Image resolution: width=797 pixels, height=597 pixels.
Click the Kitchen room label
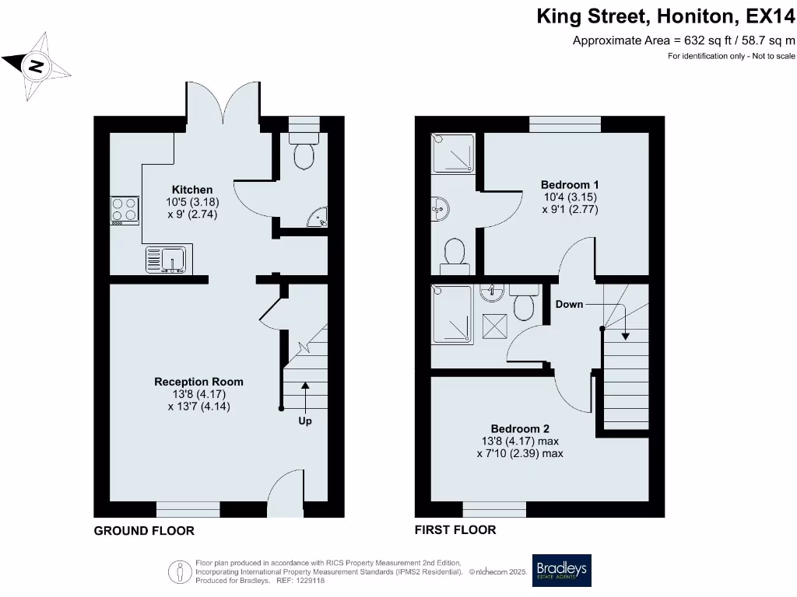pyautogui.click(x=192, y=190)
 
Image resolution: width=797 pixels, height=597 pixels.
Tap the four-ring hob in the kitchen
pyautogui.click(x=125, y=211)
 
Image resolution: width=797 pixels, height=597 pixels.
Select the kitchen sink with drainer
pyautogui.click(x=166, y=260)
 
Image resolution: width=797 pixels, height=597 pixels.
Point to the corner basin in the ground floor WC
pyautogui.click(x=318, y=218)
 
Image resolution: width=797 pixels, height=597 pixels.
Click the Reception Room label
pyautogui.click(x=198, y=382)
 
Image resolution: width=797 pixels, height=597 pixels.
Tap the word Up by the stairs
pyautogui.click(x=305, y=421)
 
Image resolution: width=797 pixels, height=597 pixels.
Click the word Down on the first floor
pyautogui.click(x=569, y=305)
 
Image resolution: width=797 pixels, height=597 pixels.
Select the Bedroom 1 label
pyautogui.click(x=570, y=185)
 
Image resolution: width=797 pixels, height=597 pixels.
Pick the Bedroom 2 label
pyautogui.click(x=520, y=429)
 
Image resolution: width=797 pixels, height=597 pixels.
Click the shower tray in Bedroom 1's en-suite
pyautogui.click(x=453, y=153)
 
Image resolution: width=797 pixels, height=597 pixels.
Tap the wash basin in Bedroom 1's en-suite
pyautogui.click(x=440, y=208)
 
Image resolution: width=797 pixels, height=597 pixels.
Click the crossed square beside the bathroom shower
pyautogui.click(x=494, y=326)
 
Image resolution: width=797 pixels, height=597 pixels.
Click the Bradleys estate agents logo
pyautogui.click(x=562, y=571)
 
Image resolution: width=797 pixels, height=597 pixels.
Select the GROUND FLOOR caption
pyautogui.click(x=144, y=531)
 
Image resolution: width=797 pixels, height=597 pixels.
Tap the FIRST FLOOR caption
pyautogui.click(x=455, y=530)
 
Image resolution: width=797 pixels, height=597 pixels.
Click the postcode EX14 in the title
pyautogui.click(x=770, y=17)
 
